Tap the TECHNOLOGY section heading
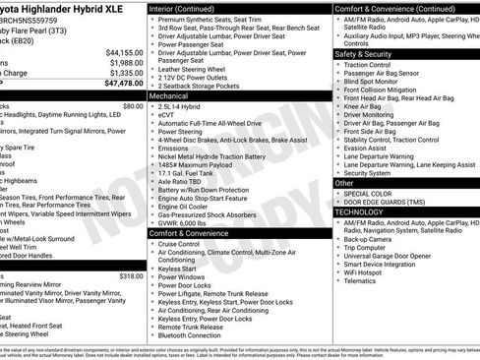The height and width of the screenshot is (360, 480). (x=359, y=211)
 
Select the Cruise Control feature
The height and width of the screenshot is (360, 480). (x=183, y=243)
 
